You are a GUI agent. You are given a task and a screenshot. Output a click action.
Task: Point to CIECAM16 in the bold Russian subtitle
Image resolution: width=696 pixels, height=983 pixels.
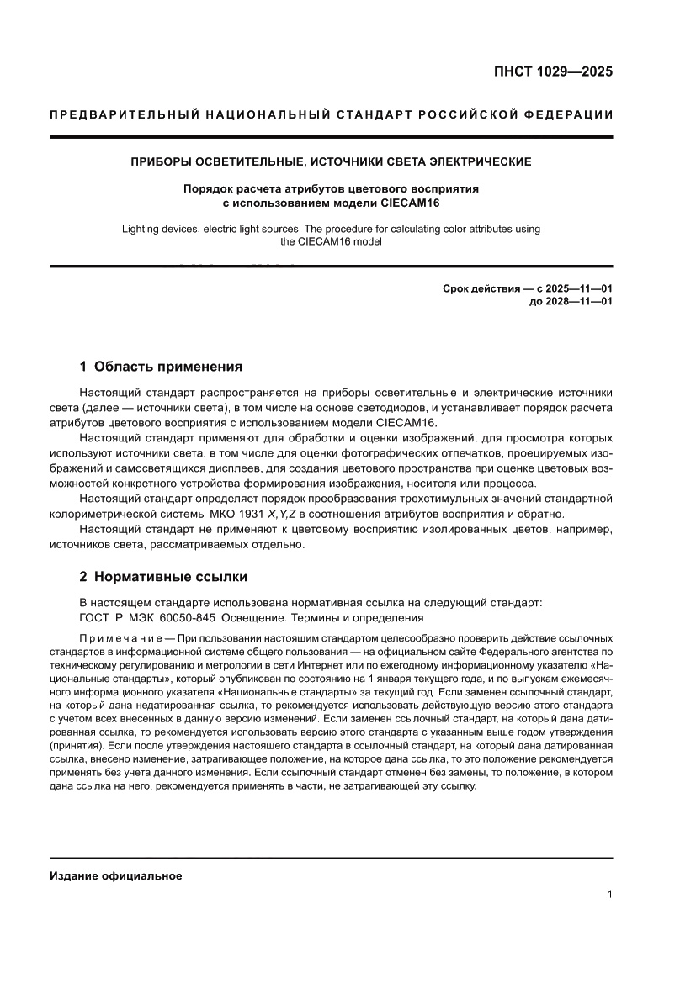pyautogui.click(x=409, y=203)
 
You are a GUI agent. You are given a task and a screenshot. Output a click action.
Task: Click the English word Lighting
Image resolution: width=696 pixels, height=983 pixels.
pyautogui.click(x=144, y=229)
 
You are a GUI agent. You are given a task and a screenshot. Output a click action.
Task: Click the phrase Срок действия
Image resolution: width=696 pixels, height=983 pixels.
pyautogui.click(x=480, y=288)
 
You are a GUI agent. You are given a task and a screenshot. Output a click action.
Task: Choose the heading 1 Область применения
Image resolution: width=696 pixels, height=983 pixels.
pyautogui.click(x=161, y=367)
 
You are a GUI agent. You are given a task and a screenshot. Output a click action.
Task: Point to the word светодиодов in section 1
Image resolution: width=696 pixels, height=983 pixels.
pyautogui.click(x=364, y=408)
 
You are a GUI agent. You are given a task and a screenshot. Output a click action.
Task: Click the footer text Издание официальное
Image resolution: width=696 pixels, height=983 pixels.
pyautogui.click(x=116, y=875)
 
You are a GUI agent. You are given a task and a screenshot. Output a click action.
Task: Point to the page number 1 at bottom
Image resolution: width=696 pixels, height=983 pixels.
pyautogui.click(x=609, y=895)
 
